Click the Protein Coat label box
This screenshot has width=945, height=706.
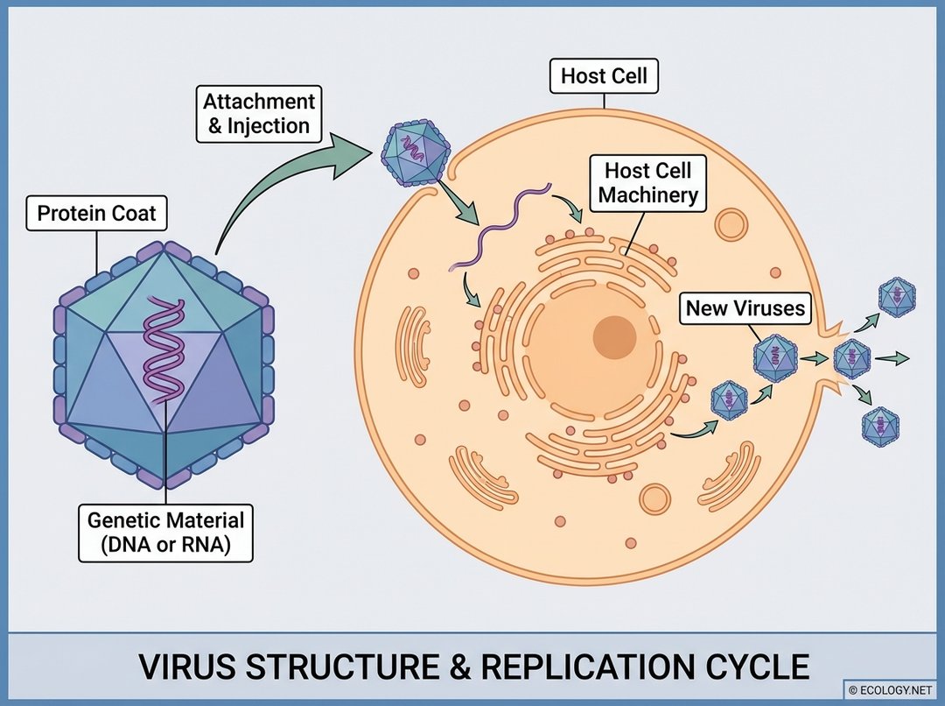pos(95,214)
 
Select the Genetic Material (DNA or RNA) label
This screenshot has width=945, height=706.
pos(165,533)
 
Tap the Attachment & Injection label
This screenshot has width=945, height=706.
pos(258,113)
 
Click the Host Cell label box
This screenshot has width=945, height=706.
pos(604,76)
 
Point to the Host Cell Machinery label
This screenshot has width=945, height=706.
pos(648,181)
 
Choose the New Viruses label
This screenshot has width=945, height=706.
pos(745,308)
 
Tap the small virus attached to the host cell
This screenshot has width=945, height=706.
pos(414,154)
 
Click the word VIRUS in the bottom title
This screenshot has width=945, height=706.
pos(187,667)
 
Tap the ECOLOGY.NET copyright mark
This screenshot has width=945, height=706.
pos(891,688)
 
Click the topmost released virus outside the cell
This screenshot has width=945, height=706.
pos(897,298)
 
